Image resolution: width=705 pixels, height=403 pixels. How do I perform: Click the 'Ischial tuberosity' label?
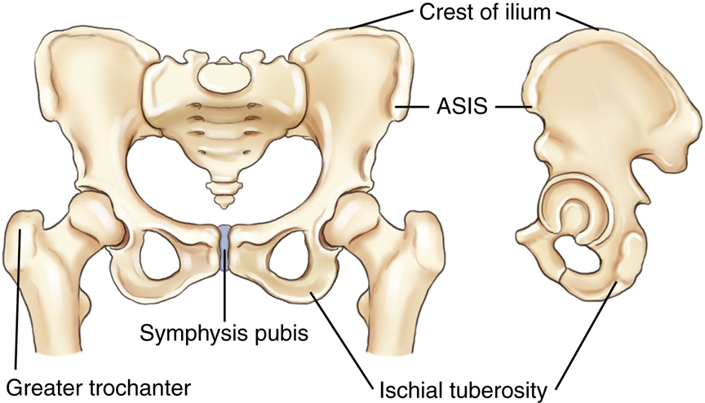(463, 383)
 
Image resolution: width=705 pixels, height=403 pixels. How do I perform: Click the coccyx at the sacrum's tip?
(221, 193)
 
